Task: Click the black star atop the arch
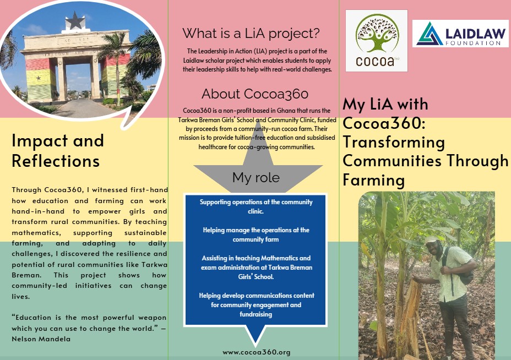[x=75, y=20]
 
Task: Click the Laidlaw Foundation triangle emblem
[x=430, y=34]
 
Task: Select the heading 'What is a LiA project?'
[x=251, y=33]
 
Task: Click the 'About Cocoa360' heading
[x=255, y=94]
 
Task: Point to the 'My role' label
[x=256, y=178]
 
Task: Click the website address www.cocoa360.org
[x=257, y=352]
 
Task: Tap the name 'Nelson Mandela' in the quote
[x=41, y=339]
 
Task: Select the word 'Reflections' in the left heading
[x=56, y=161]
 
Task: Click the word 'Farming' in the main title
[x=374, y=180]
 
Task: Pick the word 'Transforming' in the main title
[x=394, y=143]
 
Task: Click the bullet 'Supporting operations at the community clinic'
[x=256, y=206]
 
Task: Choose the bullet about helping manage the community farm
[x=256, y=234]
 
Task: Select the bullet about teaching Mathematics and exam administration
[x=256, y=267]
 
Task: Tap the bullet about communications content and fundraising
[x=256, y=304]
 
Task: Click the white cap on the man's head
[x=432, y=240]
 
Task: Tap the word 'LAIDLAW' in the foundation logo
[x=475, y=34]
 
